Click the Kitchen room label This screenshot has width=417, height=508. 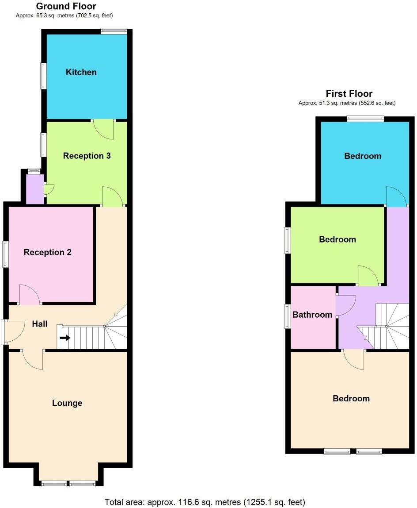pyautogui.click(x=81, y=72)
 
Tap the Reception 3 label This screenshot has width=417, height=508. pyautogui.click(x=87, y=156)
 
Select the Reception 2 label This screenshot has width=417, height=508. pyautogui.click(x=48, y=252)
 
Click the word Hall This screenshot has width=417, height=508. pyautogui.click(x=40, y=324)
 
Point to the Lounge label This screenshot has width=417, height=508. pyautogui.click(x=67, y=403)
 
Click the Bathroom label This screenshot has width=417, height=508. pyautogui.click(x=312, y=315)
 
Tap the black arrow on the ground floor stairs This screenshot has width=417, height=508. pyautogui.click(x=65, y=338)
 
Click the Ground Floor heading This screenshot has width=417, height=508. pyautogui.click(x=66, y=6)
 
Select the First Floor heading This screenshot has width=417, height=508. pyautogui.click(x=349, y=94)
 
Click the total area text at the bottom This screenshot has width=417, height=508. pyautogui.click(x=205, y=502)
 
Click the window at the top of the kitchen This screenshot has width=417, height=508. pyautogui.click(x=114, y=31)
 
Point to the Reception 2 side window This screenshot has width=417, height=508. pyautogui.click(x=6, y=254)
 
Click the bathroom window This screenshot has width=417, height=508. pyautogui.click(x=288, y=316)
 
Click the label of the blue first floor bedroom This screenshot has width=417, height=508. pyautogui.click(x=363, y=156)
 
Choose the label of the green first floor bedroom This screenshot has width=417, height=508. pyautogui.click(x=337, y=239)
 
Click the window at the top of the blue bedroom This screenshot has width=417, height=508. pyautogui.click(x=365, y=118)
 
